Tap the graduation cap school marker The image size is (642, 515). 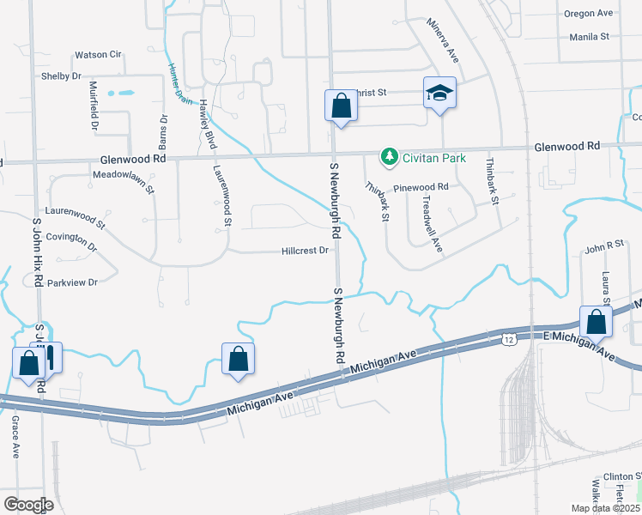click(439, 94)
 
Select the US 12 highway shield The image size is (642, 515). click(509, 341)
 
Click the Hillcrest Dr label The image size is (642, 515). click(306, 251)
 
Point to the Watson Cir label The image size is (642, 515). click(99, 54)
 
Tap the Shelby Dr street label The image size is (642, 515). click(61, 76)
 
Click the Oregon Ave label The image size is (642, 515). click(588, 13)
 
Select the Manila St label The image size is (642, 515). click(589, 37)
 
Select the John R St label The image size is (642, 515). click(603, 247)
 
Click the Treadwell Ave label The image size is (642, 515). click(432, 222)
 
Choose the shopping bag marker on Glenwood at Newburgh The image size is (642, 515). click(341, 106)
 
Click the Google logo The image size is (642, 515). click(28, 505)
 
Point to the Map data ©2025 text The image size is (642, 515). click(605, 508)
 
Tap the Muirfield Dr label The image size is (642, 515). click(94, 106)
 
